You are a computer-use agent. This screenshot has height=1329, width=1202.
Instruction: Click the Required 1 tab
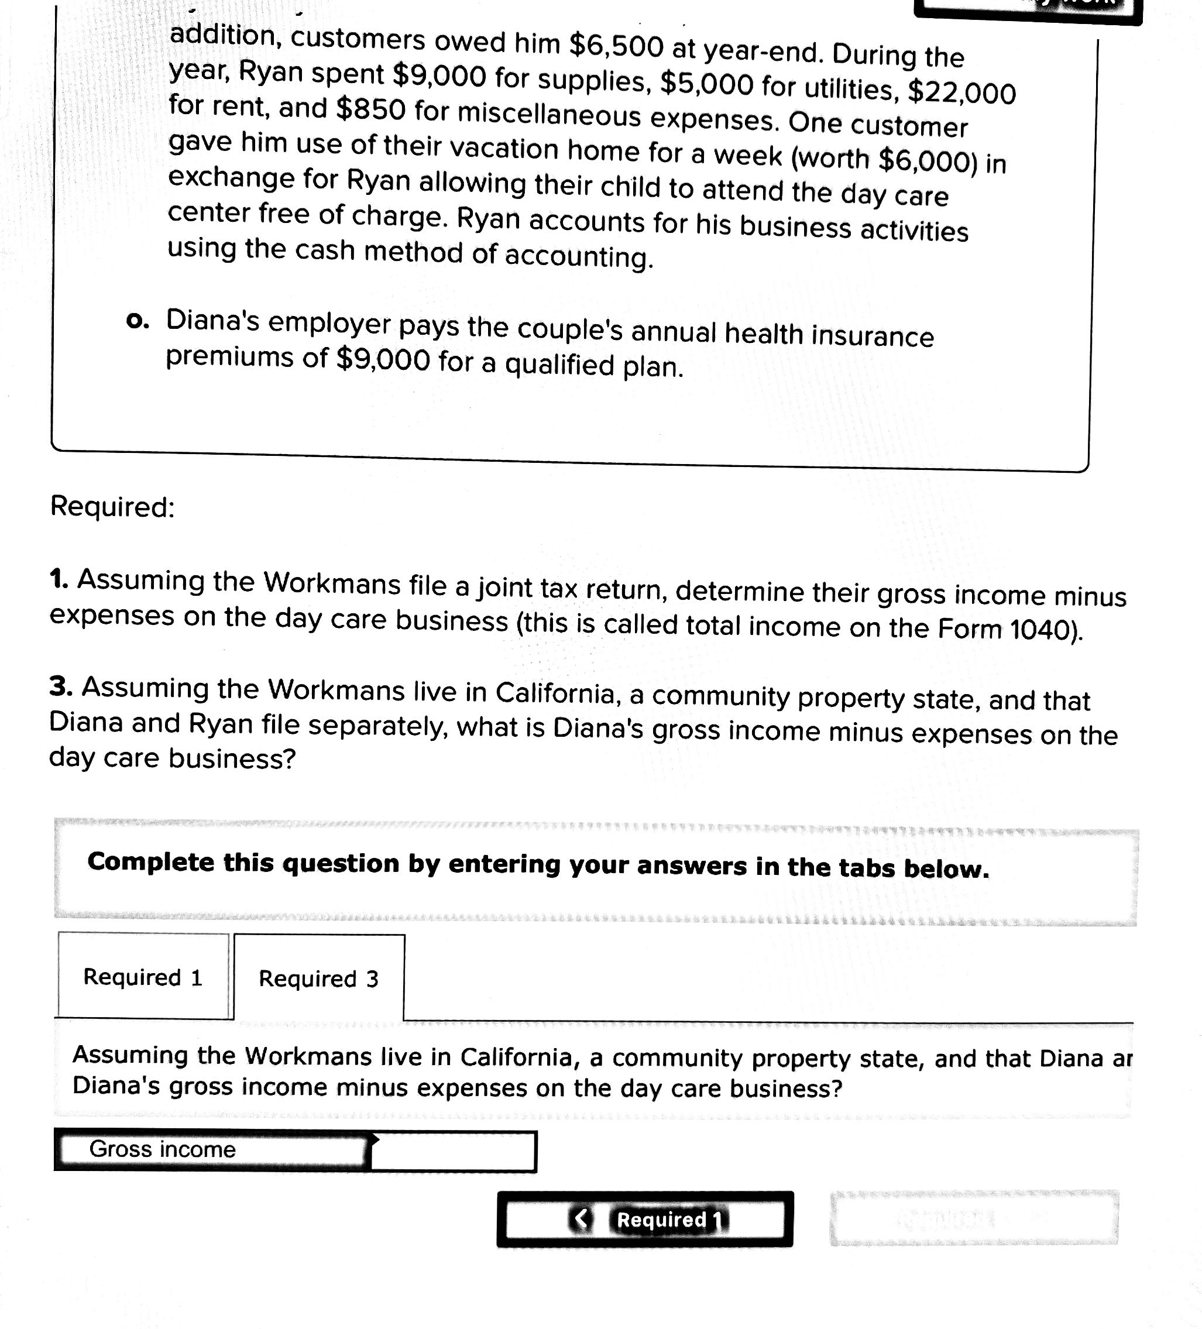[x=143, y=976]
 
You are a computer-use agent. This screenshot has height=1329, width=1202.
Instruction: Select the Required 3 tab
[x=319, y=978]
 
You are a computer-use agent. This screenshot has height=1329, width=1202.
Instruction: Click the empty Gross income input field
[x=454, y=1151]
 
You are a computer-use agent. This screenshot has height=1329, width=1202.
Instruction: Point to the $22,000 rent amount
[x=962, y=92]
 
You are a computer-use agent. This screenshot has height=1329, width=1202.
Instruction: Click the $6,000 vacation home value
[x=926, y=160]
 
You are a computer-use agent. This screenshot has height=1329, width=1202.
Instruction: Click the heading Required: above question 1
[x=113, y=507]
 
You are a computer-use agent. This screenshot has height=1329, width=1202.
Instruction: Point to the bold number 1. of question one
[x=59, y=579]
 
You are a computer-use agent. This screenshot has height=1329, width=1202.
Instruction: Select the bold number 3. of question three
[x=61, y=686]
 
